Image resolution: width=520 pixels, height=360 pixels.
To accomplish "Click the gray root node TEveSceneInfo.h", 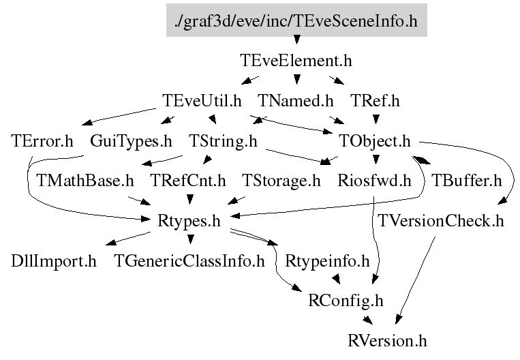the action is (296, 20).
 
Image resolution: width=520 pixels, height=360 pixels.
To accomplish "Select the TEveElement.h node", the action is (296, 61).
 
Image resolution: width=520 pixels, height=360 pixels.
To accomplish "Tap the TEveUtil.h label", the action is (202, 100).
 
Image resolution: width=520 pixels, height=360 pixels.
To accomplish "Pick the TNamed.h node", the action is (296, 100).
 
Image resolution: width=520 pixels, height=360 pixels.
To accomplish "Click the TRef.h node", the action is (375, 100).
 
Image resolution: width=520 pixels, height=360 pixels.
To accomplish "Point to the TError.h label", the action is (42, 140).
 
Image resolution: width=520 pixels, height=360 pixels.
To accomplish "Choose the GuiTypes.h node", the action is (131, 140).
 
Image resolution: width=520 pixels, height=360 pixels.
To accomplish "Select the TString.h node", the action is (223, 140).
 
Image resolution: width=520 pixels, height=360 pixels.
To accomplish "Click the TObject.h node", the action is (374, 140).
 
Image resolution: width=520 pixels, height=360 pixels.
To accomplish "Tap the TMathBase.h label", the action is (85, 181).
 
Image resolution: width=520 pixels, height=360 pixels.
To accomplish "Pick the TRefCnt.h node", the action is (188, 181).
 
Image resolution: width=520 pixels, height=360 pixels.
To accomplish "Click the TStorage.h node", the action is (281, 181).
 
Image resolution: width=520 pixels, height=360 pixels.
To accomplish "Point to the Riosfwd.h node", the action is (374, 181).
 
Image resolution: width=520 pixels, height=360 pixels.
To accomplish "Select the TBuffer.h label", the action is (467, 181).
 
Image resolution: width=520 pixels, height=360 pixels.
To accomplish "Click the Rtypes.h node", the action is (189, 221).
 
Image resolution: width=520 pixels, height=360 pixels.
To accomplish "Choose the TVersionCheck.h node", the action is (441, 221).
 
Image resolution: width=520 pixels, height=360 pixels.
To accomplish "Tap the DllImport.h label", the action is (54, 261).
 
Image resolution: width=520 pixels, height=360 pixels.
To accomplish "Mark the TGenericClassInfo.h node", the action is (189, 261).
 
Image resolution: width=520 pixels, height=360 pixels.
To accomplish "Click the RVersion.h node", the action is (387, 341).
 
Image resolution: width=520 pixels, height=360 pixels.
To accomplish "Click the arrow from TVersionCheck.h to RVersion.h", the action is (415, 280).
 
